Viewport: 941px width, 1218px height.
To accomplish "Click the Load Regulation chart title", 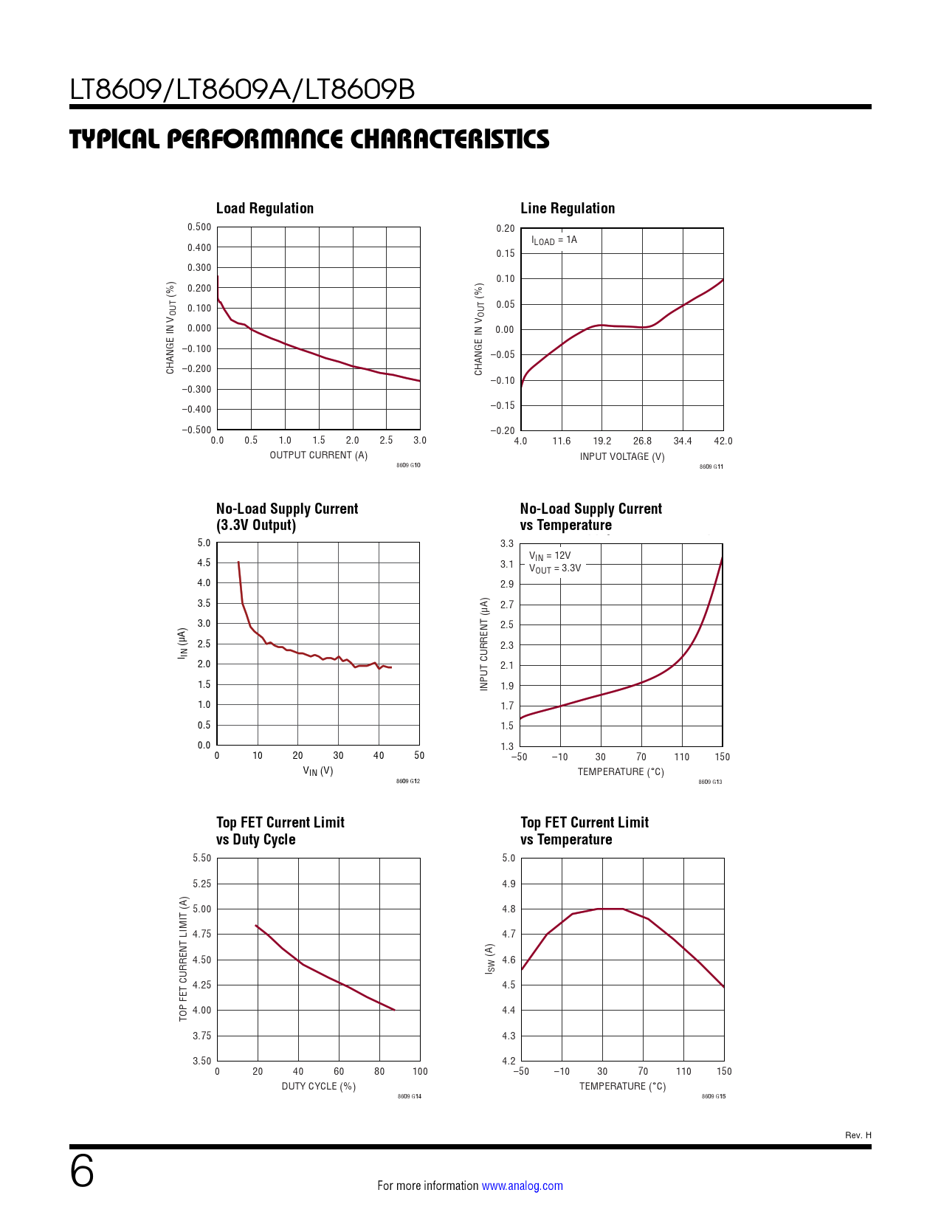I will click(264, 209).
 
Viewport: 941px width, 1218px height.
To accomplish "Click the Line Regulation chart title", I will click(567, 209).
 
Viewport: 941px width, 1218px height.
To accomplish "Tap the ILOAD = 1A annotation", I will click(554, 241).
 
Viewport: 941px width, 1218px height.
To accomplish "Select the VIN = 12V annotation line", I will click(549, 556).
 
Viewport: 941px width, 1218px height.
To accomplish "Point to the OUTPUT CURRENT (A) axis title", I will click(318, 455).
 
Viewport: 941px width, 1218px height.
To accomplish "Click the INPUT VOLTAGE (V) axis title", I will click(621, 457).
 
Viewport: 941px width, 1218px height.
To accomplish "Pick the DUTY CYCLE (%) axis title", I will click(318, 1087).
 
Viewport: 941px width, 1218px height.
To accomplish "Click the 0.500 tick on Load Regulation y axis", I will click(199, 227).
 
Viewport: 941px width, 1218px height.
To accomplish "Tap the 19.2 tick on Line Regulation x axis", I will click(602, 441).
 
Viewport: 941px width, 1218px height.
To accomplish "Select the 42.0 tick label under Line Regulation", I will click(723, 441).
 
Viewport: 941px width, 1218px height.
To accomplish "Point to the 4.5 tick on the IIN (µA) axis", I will click(204, 562).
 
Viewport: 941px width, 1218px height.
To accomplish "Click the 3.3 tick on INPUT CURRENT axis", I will click(507, 544).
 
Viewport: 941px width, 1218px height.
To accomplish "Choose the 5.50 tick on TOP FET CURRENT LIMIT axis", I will click(201, 859).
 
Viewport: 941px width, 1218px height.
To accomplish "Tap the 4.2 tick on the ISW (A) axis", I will click(509, 1061).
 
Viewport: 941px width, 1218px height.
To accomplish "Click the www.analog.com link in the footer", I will click(522, 1186).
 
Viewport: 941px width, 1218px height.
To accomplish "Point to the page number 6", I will click(82, 1171).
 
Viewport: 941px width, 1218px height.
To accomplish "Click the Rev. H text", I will click(858, 1135).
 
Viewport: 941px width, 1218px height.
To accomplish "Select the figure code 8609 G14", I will click(409, 1096).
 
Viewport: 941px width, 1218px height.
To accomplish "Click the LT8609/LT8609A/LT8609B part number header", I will click(242, 89).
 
